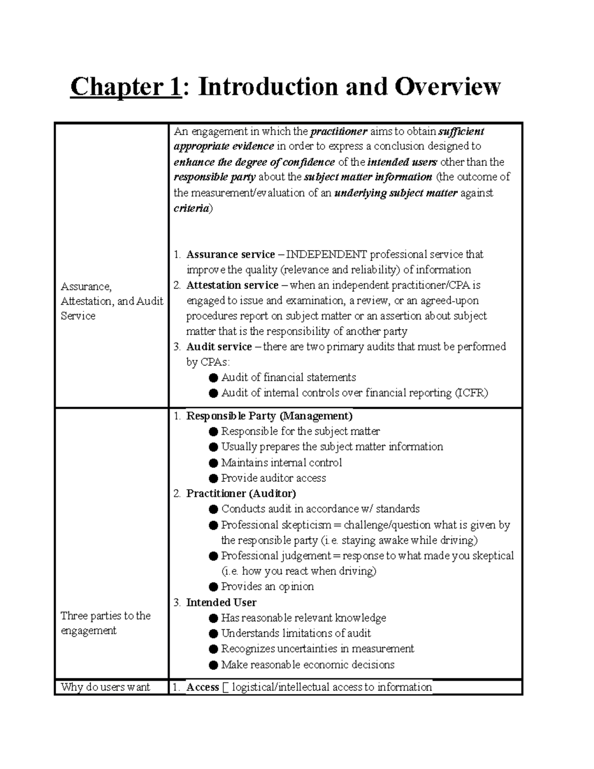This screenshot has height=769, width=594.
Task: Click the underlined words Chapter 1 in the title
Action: point(126,87)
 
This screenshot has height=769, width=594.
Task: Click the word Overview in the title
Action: point(447,87)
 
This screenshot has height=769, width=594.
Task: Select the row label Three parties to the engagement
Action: point(105,623)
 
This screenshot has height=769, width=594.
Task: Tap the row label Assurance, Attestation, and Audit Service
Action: point(112,301)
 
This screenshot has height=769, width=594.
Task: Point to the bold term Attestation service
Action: point(232,285)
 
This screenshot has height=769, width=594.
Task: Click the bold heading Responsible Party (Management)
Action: point(269,416)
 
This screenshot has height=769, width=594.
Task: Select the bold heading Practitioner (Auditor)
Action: point(241,493)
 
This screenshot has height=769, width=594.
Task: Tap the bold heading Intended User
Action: point(221,602)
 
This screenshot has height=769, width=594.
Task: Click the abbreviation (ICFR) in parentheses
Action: point(471,393)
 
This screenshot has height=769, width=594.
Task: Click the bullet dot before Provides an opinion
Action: point(213,587)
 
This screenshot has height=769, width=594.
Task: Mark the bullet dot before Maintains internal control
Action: point(213,463)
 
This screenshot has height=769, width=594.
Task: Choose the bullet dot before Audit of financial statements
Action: point(213,378)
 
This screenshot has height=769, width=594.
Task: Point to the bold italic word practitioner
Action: point(339,131)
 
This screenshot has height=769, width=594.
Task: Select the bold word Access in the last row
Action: point(202,687)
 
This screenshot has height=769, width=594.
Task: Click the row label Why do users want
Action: point(105,687)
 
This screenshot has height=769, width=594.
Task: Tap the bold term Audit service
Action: point(219,347)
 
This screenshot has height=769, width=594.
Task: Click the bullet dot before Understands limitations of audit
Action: point(213,633)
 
